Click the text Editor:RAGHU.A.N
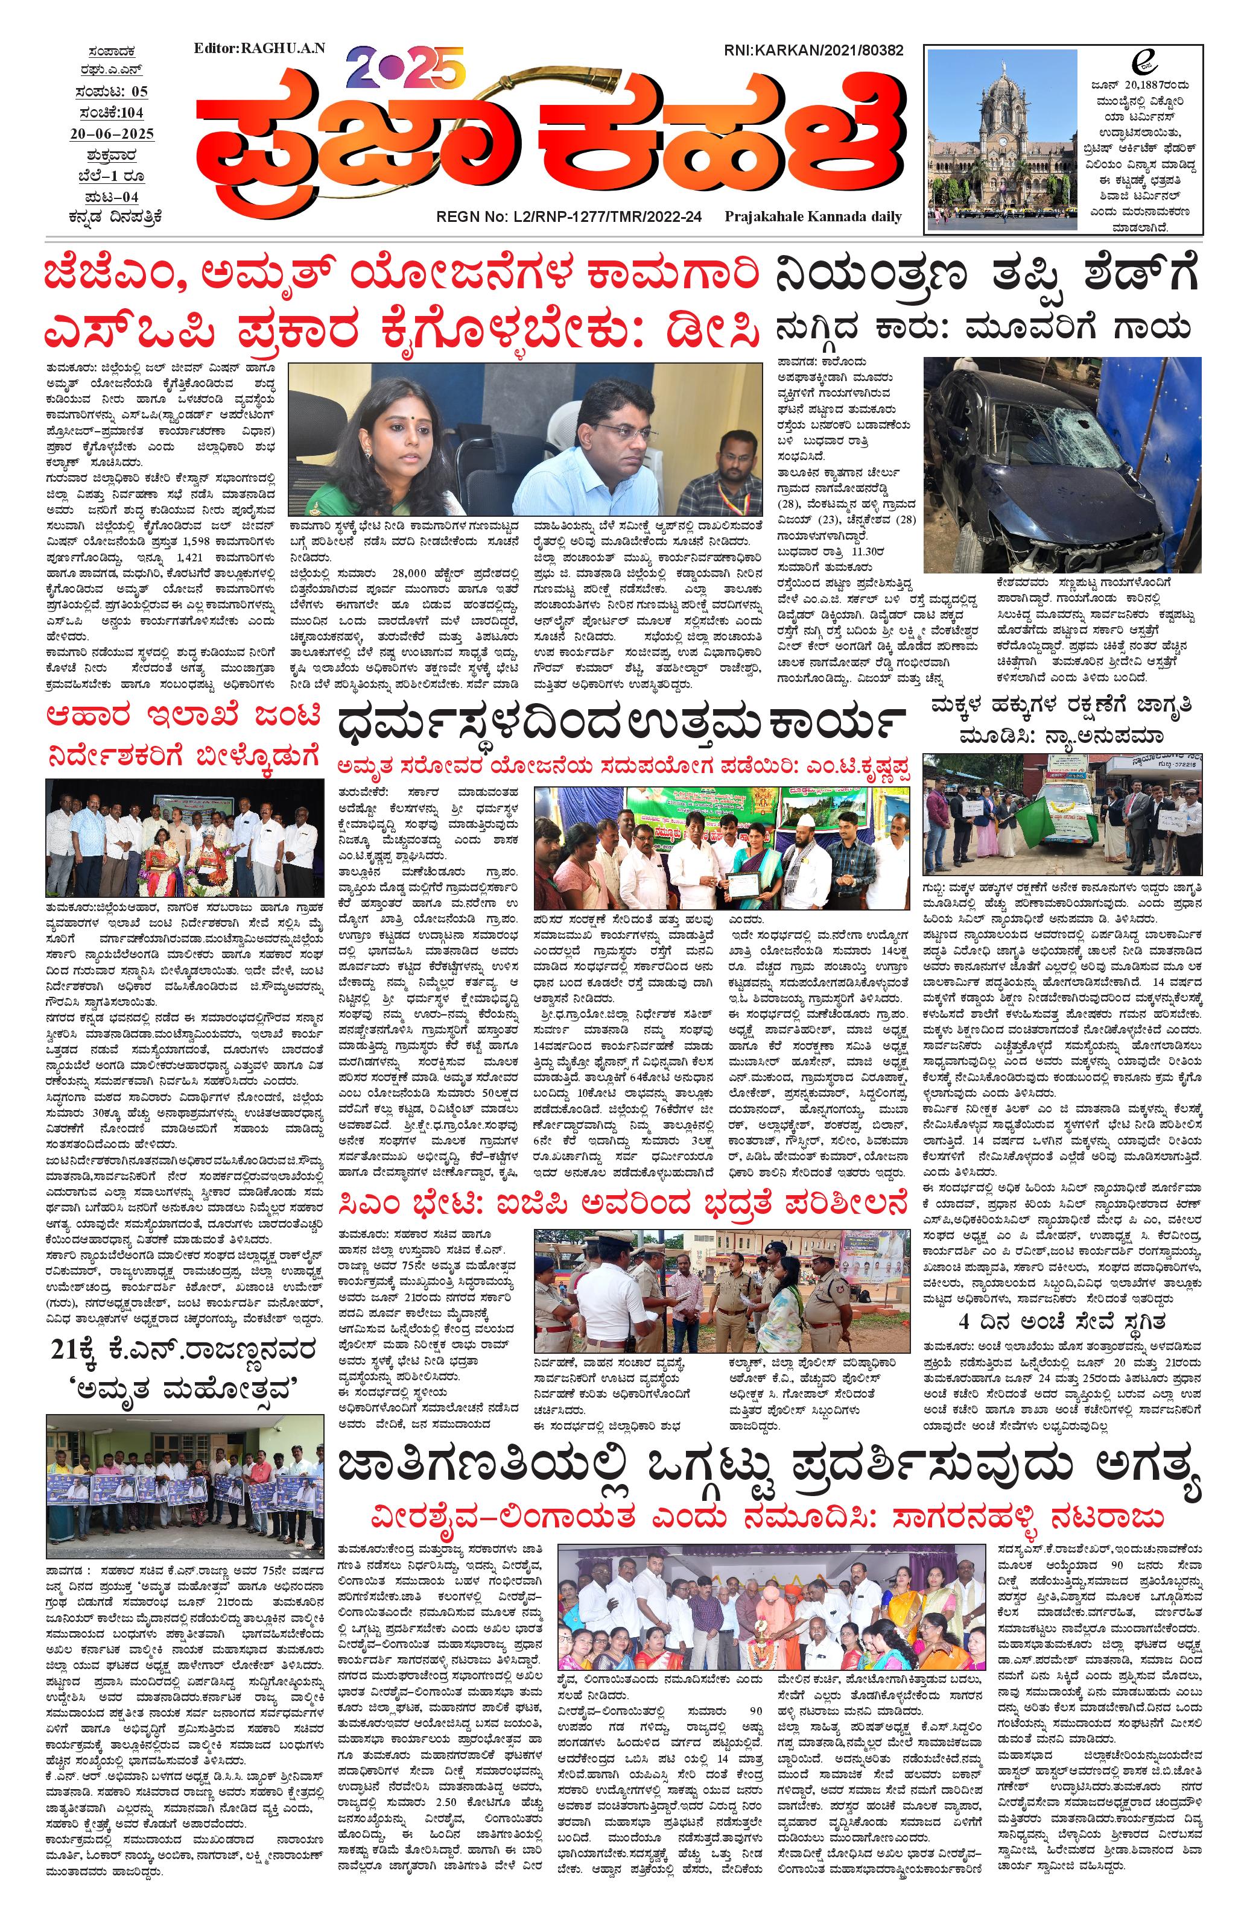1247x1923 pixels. (x=259, y=48)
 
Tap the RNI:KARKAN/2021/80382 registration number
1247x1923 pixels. (x=814, y=50)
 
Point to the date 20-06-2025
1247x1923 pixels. (x=112, y=133)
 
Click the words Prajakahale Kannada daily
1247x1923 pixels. (x=813, y=216)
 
